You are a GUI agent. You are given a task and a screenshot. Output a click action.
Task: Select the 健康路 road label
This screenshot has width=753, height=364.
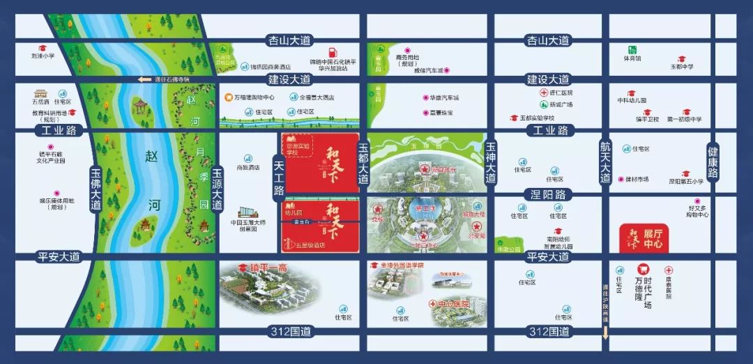[x=712, y=164]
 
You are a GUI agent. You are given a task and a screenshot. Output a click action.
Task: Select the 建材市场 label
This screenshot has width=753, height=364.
[x=637, y=180]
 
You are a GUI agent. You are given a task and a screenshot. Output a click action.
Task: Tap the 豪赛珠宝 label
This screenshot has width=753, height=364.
[x=440, y=113]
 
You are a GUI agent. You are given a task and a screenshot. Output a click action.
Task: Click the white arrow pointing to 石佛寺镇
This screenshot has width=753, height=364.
[x=145, y=79]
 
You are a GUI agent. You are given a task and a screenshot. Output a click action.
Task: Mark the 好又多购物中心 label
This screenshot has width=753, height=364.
[x=698, y=211]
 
